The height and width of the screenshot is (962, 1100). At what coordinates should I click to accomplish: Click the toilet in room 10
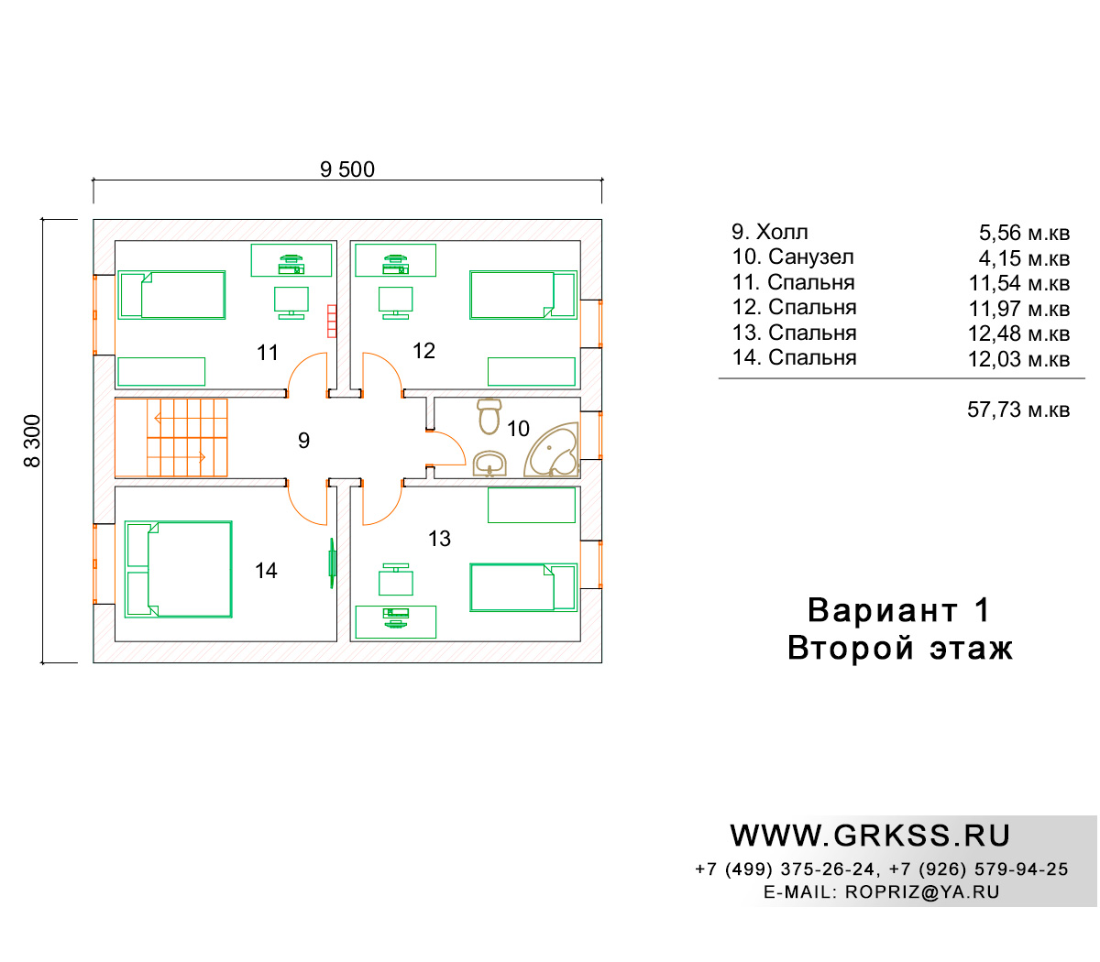489,415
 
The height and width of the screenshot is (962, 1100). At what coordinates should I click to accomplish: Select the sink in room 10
489,464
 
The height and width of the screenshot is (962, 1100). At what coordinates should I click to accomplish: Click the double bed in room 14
178,569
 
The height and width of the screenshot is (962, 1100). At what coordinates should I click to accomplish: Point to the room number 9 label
303,441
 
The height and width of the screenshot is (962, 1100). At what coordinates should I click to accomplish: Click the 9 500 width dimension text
346,169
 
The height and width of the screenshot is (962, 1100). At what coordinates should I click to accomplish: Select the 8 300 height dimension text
32,441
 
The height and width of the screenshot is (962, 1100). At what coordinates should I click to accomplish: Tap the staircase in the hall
171,437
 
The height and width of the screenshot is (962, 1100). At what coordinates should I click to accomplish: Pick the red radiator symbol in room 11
332,321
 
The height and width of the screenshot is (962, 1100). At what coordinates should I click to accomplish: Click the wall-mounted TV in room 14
332,563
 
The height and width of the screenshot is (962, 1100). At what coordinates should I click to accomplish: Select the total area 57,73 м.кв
1018,410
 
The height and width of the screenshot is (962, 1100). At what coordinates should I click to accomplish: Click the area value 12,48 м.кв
1018,333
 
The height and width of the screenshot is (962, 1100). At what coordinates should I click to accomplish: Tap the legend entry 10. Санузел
793,257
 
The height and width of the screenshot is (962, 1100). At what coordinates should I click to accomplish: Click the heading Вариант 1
899,610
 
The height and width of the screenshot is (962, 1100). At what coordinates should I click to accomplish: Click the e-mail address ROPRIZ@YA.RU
922,892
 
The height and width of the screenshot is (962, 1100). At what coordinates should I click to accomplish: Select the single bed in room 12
523,295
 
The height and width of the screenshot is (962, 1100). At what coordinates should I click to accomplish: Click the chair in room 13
396,579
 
